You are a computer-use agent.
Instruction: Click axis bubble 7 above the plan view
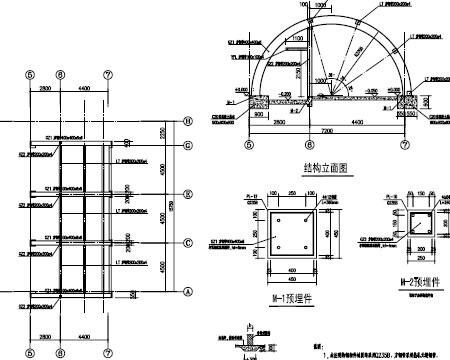pos(108,73)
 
